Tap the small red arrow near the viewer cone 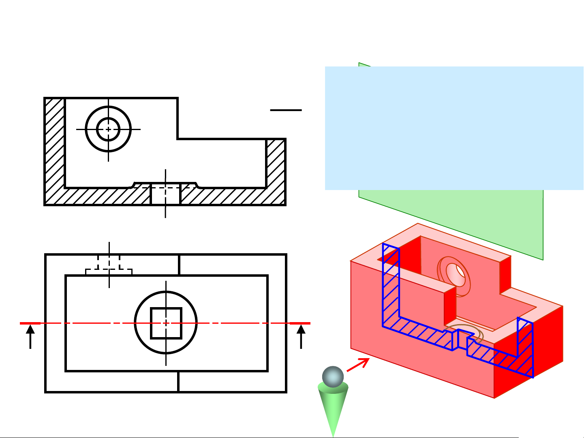click(358, 364)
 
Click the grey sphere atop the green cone click(333, 377)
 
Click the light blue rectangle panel click(454, 128)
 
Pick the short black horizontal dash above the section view click(286, 110)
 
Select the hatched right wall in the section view click(276, 170)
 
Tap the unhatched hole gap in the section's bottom click(165, 197)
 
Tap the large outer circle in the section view click(86, 129)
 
